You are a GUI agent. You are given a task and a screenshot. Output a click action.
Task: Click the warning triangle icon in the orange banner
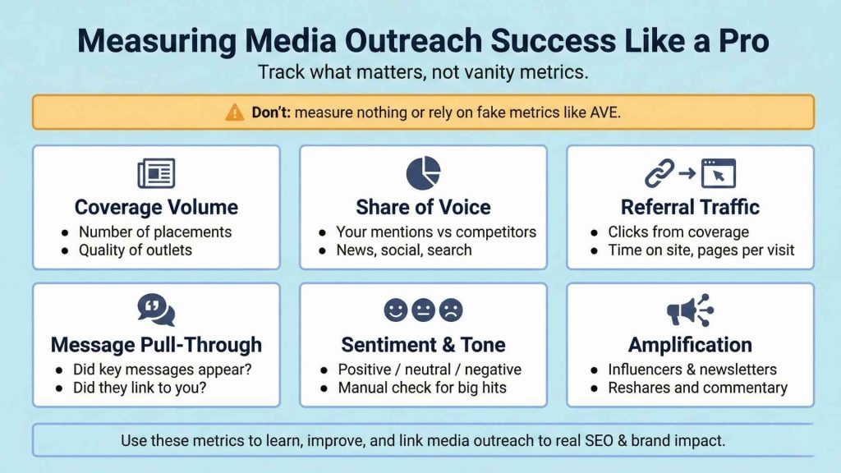point(235,113)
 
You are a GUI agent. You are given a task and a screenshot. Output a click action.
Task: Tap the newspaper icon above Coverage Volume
point(156,174)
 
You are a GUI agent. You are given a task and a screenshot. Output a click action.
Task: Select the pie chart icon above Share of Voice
point(423,173)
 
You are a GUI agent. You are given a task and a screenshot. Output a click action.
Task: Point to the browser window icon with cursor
point(718,173)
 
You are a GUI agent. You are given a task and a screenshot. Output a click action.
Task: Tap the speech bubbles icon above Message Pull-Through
point(156,310)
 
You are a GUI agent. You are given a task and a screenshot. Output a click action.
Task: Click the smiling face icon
point(396,310)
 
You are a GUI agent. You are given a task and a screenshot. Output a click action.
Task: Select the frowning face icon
point(451,310)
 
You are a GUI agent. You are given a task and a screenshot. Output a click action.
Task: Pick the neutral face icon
point(423,310)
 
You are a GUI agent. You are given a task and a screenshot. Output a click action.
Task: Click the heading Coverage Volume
point(156,207)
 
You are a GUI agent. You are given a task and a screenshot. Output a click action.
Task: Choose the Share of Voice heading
point(423,207)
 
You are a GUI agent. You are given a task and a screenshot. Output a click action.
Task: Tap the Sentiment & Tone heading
point(423,344)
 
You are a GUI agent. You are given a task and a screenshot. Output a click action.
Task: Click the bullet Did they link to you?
point(140,388)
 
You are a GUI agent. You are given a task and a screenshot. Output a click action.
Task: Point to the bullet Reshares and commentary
point(697,388)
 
